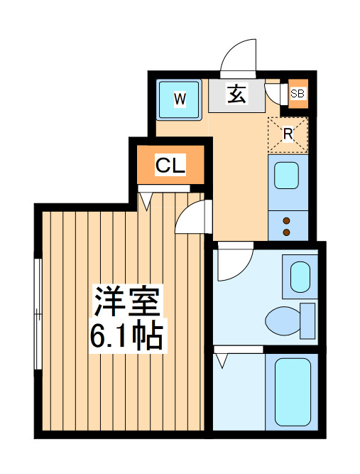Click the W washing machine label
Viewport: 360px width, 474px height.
coord(180,99)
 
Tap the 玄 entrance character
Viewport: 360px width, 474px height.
coord(236,93)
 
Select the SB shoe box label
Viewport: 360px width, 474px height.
coord(298,94)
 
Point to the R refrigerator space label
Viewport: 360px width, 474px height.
coord(288,134)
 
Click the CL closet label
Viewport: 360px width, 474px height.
coord(170,165)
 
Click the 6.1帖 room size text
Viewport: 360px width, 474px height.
coord(127,335)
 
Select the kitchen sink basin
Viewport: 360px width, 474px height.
coord(286,176)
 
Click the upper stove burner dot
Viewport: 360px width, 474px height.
coord(287,221)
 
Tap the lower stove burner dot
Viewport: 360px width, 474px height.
coord(287,232)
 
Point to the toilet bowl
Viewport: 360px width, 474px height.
coord(283,321)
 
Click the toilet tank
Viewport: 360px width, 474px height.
coord(307,321)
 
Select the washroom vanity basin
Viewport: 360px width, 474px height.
coord(300,277)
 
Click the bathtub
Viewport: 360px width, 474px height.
coord(293,392)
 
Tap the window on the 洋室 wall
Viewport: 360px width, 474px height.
coord(38,314)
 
